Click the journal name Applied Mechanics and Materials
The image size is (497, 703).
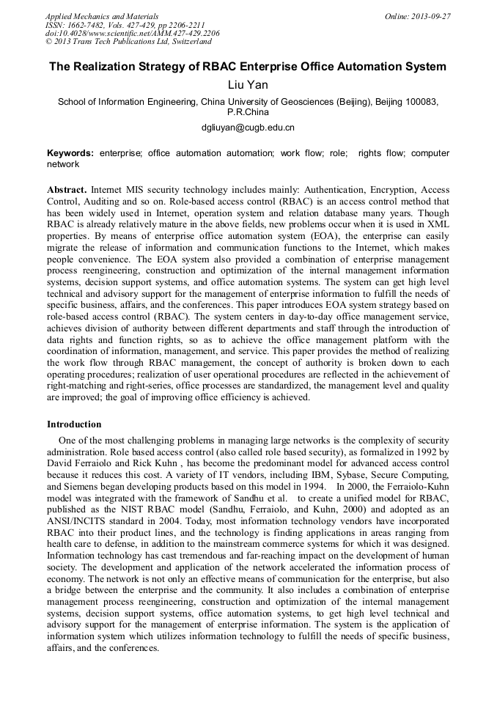click(102, 15)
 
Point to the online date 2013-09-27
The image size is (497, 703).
click(428, 15)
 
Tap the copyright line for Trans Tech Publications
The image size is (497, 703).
click(128, 42)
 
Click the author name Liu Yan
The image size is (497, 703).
click(248, 86)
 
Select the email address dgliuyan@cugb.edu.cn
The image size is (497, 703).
click(248, 128)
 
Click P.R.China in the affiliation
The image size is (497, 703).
click(248, 113)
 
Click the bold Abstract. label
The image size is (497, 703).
click(67, 189)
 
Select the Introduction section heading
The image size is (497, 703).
click(74, 424)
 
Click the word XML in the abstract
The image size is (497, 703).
click(437, 221)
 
